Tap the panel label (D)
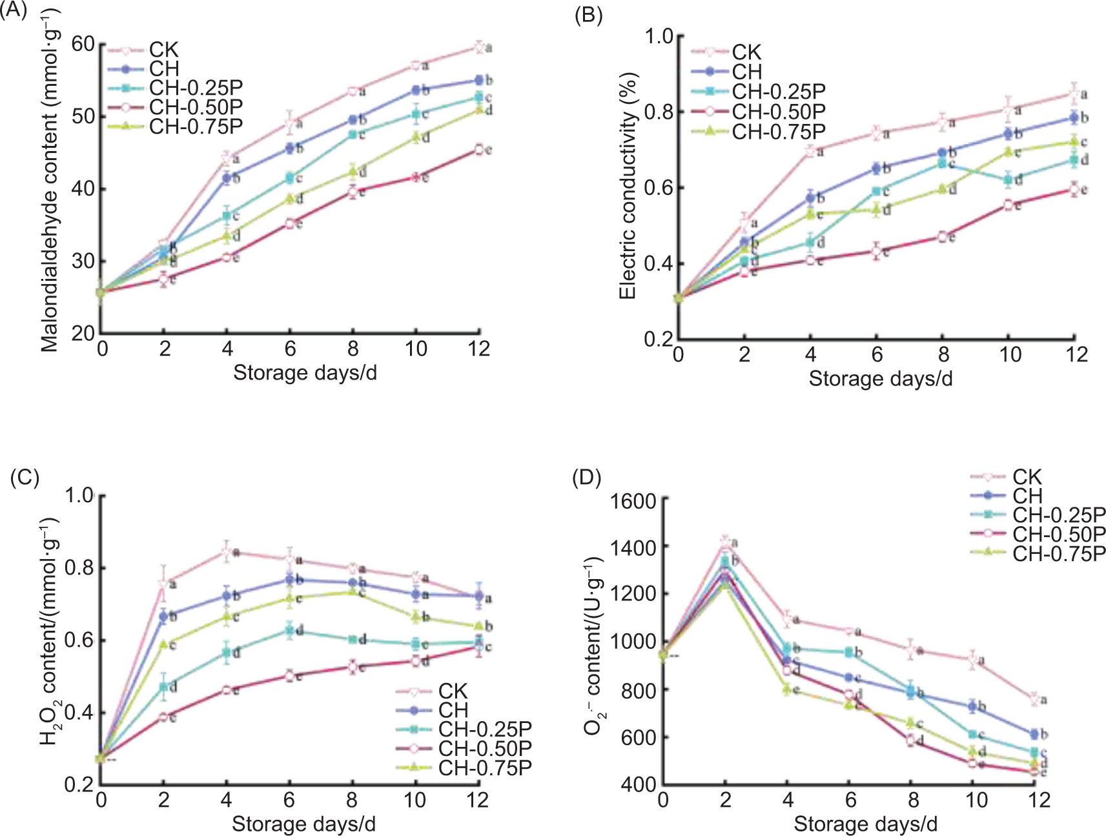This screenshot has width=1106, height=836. point(586,478)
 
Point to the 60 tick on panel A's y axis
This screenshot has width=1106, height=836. point(83,44)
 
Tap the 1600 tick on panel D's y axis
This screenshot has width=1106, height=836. point(633,501)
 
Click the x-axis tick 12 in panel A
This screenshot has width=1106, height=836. point(479,349)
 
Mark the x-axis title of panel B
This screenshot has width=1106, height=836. point(881,378)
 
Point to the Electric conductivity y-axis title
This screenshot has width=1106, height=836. point(627,186)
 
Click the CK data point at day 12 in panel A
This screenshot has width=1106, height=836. point(478,46)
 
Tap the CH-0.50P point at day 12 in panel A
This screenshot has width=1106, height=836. point(478,150)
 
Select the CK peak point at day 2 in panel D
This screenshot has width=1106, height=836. point(725,541)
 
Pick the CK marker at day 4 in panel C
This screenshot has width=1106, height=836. point(227,552)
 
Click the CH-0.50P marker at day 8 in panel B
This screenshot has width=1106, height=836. point(943,237)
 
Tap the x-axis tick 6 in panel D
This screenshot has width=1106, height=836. point(850,800)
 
